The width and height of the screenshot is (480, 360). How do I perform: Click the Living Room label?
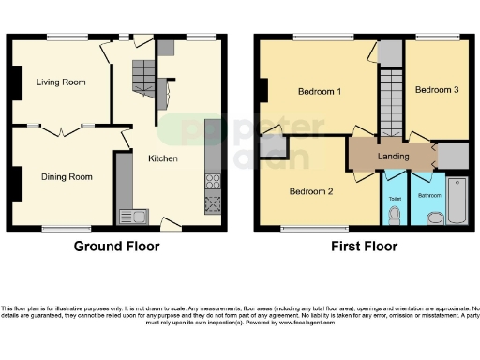click(x=61, y=82)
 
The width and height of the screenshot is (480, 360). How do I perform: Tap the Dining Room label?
click(x=66, y=176)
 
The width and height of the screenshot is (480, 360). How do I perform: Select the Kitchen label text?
click(x=162, y=158)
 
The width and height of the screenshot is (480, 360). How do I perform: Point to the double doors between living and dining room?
click(x=61, y=128)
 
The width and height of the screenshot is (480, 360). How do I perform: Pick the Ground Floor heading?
click(x=117, y=247)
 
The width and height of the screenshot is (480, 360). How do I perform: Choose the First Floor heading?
click(x=365, y=247)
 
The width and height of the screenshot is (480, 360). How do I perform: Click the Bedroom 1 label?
click(x=319, y=92)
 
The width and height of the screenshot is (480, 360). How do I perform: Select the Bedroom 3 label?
click(x=437, y=90)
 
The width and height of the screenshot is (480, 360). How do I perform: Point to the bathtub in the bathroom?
click(x=457, y=200)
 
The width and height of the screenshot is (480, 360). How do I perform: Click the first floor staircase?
click(x=388, y=103)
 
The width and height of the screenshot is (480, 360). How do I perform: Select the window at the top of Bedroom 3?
click(x=437, y=38)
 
